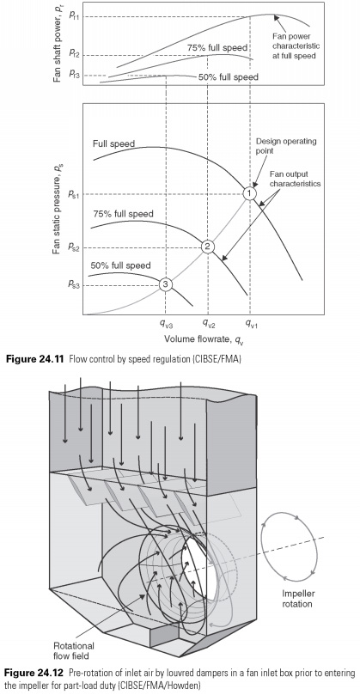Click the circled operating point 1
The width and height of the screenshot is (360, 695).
coord(250,193)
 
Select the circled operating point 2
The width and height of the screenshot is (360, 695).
coord(207,247)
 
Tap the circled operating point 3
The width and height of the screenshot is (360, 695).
coord(165,284)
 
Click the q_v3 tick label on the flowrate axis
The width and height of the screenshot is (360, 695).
coord(165,325)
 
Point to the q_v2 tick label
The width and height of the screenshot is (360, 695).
coord(209,325)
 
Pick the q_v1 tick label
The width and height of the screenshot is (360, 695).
coord(251,325)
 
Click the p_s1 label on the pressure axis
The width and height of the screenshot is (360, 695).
coord(74,193)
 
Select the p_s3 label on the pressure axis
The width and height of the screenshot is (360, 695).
coord(74,285)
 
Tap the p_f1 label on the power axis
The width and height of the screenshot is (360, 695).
coord(75,15)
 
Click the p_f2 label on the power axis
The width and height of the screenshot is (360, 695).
coord(75,53)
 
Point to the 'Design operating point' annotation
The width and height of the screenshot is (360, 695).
coord(286,146)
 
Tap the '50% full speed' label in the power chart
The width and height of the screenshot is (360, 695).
coord(229,76)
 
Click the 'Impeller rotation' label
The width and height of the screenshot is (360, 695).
coord(297,600)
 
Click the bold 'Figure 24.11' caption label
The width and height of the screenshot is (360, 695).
coord(35,360)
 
